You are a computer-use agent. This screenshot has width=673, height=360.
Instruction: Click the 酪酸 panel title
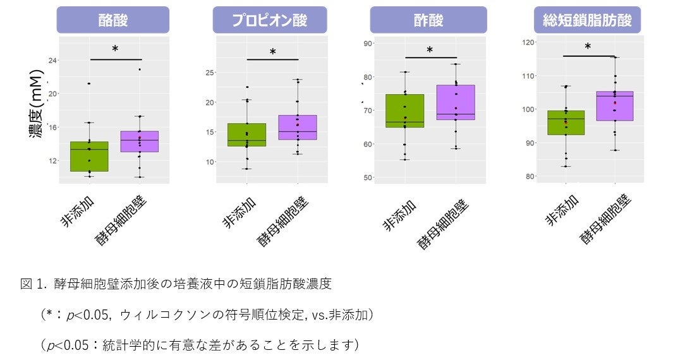coord(113,20)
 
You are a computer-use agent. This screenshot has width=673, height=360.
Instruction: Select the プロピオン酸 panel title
coord(270,20)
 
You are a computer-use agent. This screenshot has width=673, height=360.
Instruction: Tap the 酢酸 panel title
coord(428,20)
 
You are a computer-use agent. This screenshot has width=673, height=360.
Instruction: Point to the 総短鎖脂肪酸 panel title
coord(588,20)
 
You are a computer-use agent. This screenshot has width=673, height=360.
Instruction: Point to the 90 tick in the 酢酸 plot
coord(367,43)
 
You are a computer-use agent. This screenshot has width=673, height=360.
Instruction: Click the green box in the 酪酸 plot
coord(89,157)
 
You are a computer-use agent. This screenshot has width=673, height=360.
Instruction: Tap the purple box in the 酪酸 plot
coord(140,141)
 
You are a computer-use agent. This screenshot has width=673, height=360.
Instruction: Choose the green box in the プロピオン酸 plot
coord(246,135)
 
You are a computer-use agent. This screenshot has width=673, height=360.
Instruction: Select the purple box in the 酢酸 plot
coord(456,102)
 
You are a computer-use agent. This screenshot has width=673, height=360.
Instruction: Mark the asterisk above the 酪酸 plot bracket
coord(115,49)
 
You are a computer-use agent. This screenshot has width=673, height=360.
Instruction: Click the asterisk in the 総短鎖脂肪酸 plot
coord(588,47)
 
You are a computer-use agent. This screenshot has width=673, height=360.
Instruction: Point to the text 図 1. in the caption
coord(34,284)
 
